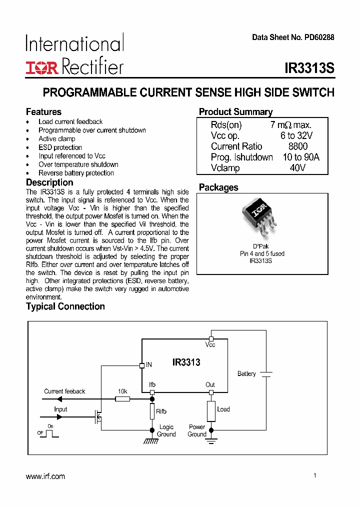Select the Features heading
43,111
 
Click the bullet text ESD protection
60,147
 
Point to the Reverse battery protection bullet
76,173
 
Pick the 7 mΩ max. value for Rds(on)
290,125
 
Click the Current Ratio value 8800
298,146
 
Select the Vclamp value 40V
298,168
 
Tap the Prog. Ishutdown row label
241,157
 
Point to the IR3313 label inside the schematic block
186,362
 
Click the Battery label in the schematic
246,374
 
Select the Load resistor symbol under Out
211,411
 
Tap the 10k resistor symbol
122,399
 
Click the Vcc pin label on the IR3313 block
210,345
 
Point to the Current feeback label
64,391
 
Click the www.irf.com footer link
45,476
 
